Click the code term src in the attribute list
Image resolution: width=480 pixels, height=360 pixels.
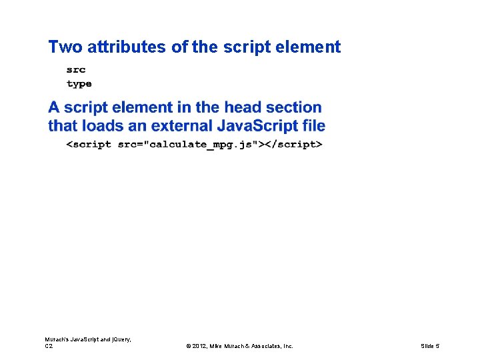pos(76,69)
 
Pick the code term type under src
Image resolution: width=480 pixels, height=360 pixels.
pos(79,84)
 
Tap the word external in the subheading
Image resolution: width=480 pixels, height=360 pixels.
pos(182,125)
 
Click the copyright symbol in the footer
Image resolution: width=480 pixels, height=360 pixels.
pos(189,346)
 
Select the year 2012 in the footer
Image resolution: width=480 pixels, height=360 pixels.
pos(200,346)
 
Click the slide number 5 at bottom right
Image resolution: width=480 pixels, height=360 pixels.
pos(437,346)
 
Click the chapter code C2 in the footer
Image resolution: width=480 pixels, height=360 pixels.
pos(49,346)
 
